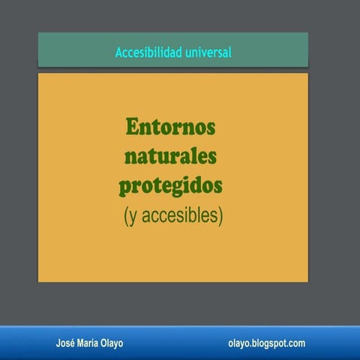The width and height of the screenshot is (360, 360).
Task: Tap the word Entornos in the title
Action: [170, 126]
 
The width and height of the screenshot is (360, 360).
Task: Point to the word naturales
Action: [170, 155]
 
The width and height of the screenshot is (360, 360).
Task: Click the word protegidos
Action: [171, 184]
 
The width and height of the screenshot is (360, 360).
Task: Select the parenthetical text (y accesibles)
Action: [173, 216]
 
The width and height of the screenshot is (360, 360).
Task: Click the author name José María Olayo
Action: [90, 343]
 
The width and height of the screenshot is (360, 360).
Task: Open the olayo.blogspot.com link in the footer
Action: [266, 343]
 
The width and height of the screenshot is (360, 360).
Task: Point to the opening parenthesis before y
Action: [125, 217]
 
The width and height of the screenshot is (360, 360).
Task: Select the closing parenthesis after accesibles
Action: [221, 217]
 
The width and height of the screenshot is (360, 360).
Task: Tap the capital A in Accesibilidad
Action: [118, 52]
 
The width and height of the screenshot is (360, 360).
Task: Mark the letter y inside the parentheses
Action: [132, 217]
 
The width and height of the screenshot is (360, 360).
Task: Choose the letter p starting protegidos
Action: [125, 186]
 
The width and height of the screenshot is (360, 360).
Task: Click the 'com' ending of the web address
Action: [298, 343]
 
